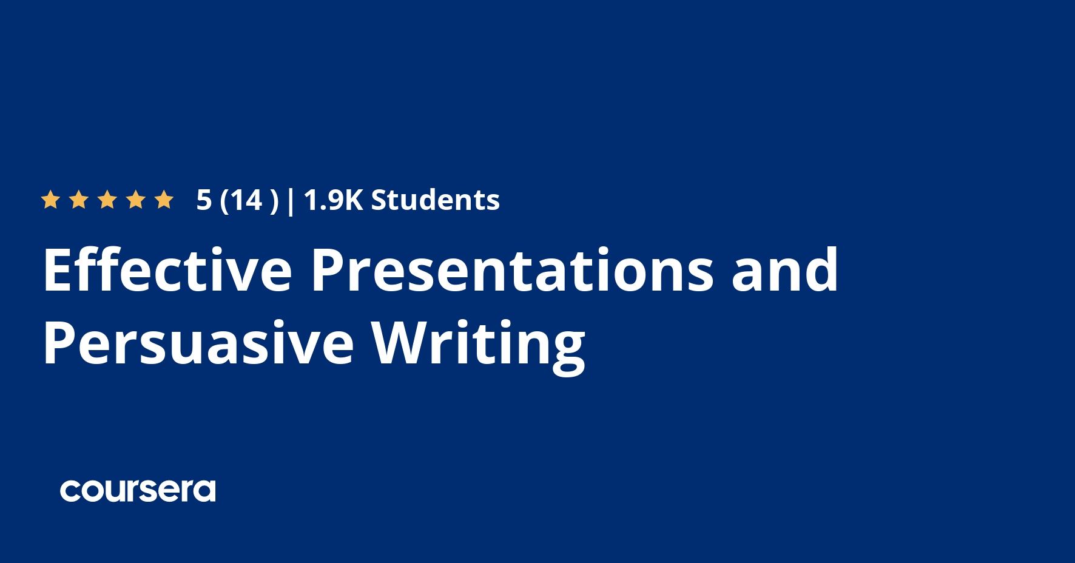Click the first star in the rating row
(x=50, y=200)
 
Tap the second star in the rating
(x=78, y=200)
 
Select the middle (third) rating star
(x=107, y=200)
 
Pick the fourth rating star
(x=136, y=200)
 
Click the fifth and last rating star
(x=164, y=200)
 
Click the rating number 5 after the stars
(x=204, y=200)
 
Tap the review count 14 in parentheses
(x=246, y=200)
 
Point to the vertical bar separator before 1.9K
(x=291, y=201)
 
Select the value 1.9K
(x=333, y=200)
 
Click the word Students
(x=435, y=200)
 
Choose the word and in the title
(x=784, y=270)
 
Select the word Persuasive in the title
(x=198, y=343)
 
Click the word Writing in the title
(x=478, y=343)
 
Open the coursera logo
(x=138, y=491)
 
